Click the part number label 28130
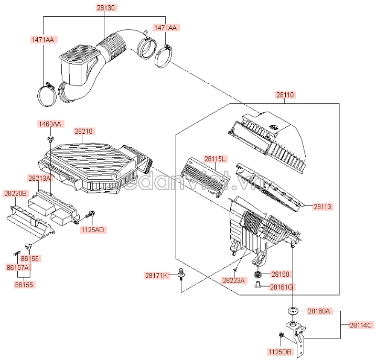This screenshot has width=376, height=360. coord(106,8)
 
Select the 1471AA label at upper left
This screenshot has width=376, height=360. coord(43,39)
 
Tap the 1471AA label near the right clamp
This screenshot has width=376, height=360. coord(166,28)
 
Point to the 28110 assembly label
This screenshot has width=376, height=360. coord(285,95)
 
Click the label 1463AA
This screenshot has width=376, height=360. coord(50,124)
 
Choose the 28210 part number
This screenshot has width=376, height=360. coord(83,131)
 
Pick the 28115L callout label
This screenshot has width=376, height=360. coord(215,159)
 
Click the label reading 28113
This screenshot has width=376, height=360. coord(323,206)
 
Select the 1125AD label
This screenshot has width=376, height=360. coord(93,230)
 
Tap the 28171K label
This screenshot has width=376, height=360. coord(157,276)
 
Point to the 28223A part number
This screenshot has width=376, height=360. coord(234,280)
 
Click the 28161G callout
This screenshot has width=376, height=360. coord(282,287)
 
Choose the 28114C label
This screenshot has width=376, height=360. coord(361,325)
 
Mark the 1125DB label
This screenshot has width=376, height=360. coord(280,352)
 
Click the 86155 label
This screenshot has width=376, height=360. coord(24,285)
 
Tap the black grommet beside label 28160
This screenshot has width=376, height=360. coord(258,274)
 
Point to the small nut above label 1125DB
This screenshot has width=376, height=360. coord(281,335)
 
